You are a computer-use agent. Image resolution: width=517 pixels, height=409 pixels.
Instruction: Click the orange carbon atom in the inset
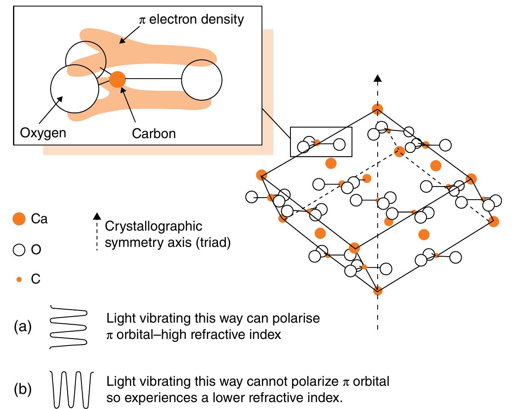click(x=117, y=79)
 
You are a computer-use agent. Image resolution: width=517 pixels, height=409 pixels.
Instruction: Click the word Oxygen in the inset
click(x=43, y=133)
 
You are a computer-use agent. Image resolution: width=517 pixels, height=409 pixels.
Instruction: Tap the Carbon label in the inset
click(x=154, y=133)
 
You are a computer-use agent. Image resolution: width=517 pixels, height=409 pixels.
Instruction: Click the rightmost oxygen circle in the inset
click(x=202, y=80)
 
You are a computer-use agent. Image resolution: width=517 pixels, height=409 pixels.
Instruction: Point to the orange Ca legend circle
click(x=19, y=219)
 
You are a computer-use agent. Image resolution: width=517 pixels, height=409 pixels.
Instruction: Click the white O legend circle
click(x=19, y=249)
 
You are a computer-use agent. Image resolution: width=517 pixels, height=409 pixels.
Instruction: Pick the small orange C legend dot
click(x=19, y=279)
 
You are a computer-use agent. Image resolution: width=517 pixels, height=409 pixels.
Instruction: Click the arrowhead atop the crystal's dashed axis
click(x=378, y=79)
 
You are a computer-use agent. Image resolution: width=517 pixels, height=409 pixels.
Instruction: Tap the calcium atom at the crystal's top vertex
click(x=378, y=109)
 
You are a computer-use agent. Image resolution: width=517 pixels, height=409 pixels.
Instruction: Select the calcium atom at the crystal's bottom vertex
click(x=378, y=290)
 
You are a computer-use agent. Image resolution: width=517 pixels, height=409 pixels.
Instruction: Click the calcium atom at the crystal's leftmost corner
click(x=261, y=175)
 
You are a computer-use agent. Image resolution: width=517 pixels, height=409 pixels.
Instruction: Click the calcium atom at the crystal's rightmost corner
click(x=493, y=222)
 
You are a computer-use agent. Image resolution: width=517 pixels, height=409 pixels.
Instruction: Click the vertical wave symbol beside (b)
click(x=72, y=389)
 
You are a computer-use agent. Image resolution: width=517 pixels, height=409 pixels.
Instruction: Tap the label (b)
click(x=23, y=389)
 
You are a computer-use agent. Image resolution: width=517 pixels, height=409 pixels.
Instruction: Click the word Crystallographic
click(x=153, y=226)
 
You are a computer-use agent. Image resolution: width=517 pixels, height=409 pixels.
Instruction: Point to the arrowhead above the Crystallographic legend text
click(x=97, y=216)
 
